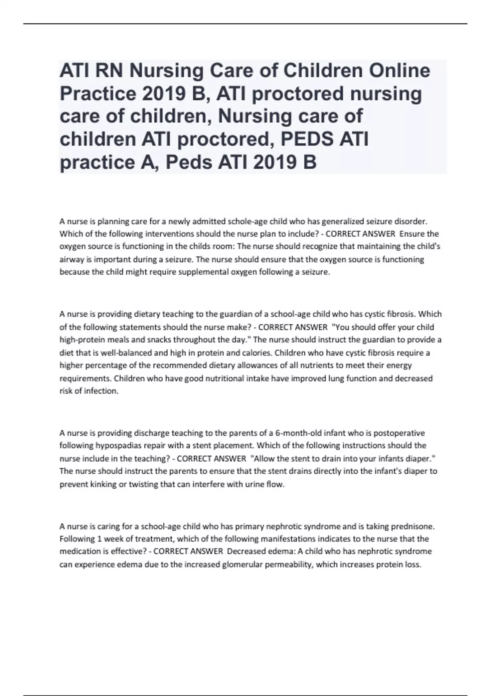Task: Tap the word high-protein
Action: pyautogui.click(x=81, y=340)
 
